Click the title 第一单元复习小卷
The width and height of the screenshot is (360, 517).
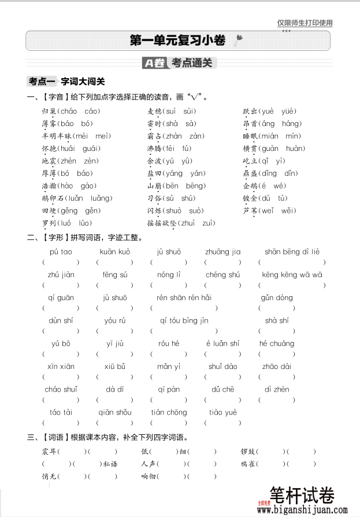coord(177,40)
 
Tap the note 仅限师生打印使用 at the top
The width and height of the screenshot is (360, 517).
coord(305,23)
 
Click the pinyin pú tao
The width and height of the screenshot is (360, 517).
coord(61,252)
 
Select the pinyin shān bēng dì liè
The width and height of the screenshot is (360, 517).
coord(292,252)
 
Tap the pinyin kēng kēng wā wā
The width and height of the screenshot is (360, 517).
coord(292,275)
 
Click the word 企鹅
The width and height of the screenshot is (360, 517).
coord(250,186)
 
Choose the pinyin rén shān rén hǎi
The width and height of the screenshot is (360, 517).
coord(184,298)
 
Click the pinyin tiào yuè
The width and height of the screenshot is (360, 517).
coord(223,412)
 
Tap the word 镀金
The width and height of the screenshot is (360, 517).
coord(250,198)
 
